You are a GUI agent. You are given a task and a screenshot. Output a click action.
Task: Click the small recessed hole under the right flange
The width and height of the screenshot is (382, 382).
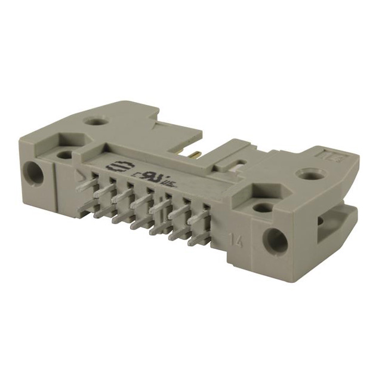point(262,209)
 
